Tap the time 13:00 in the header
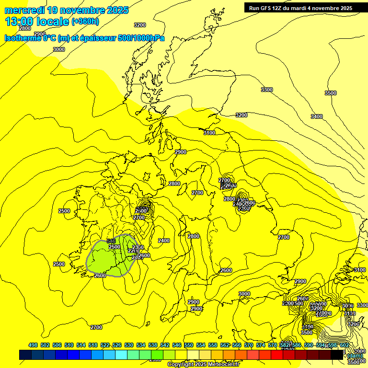20,21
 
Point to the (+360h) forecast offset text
85,21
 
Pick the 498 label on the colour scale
33,345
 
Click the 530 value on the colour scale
129,345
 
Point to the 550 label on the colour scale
189,345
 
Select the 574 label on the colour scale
261,345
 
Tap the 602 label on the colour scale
344,345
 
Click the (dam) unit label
355,356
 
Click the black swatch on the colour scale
337,355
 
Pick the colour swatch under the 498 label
25,355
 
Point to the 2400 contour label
163,241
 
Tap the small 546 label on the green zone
111,241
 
